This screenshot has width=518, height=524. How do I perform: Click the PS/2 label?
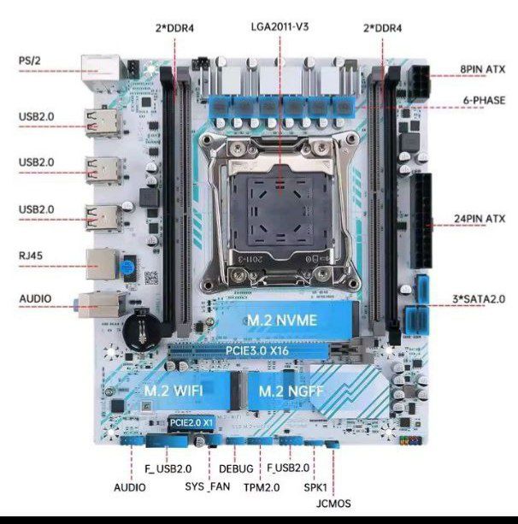click(x=31, y=61)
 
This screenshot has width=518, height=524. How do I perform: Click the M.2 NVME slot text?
click(x=282, y=320)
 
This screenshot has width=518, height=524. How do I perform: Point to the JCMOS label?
click(x=333, y=503)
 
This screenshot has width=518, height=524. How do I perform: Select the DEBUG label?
click(x=236, y=468)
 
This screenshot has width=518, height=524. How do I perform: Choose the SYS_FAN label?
click(x=208, y=486)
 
